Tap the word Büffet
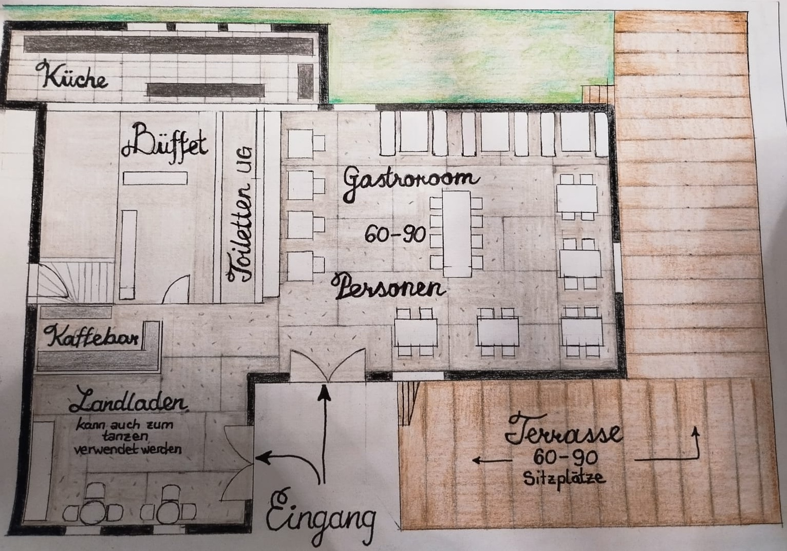[165, 143]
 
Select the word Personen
[389, 287]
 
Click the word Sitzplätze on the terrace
[564, 479]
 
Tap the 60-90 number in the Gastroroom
[395, 234]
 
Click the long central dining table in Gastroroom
[456, 234]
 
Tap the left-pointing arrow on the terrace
[492, 460]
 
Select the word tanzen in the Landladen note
[125, 437]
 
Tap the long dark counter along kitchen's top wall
[168, 45]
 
